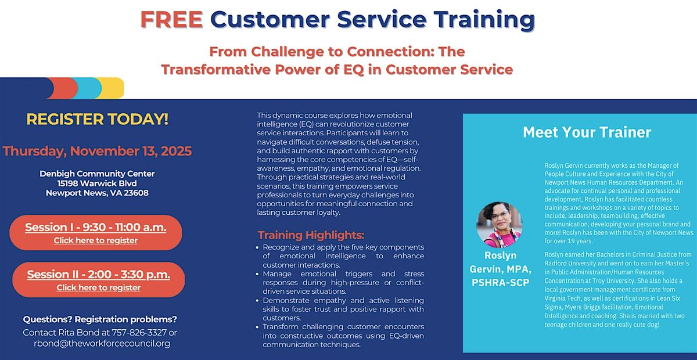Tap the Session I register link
coord(96,240)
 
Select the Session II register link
coord(98,287)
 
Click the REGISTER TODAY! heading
coord(98,120)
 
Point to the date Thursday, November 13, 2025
coord(97,152)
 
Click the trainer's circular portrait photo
coord(499,225)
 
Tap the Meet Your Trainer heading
coord(587,132)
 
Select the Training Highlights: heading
coord(311,235)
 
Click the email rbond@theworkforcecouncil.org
coord(102,343)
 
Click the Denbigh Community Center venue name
coord(97,174)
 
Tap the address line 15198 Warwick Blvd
coord(97,183)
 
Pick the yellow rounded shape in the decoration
coord(114,88)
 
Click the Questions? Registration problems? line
coord(100,320)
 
